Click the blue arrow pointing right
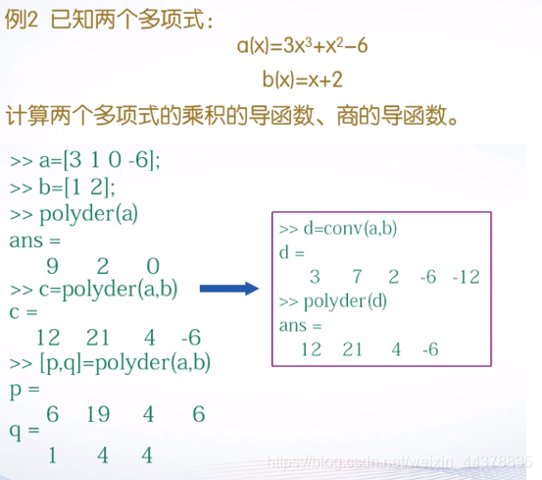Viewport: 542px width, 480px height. pos(227,288)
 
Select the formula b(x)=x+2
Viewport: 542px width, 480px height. pos(303,80)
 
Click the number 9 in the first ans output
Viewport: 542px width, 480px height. pos(52,266)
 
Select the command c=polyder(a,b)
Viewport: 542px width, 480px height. pos(95,290)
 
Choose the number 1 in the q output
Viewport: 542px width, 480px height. pos(52,455)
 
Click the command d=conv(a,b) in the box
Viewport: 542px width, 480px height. pos(339,229)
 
